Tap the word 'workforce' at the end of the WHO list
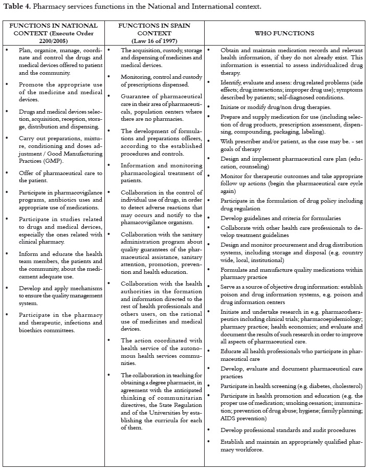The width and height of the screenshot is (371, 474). [249, 449]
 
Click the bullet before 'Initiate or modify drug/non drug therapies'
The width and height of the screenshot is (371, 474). [210, 107]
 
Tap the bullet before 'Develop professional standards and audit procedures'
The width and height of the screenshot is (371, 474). [210, 430]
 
